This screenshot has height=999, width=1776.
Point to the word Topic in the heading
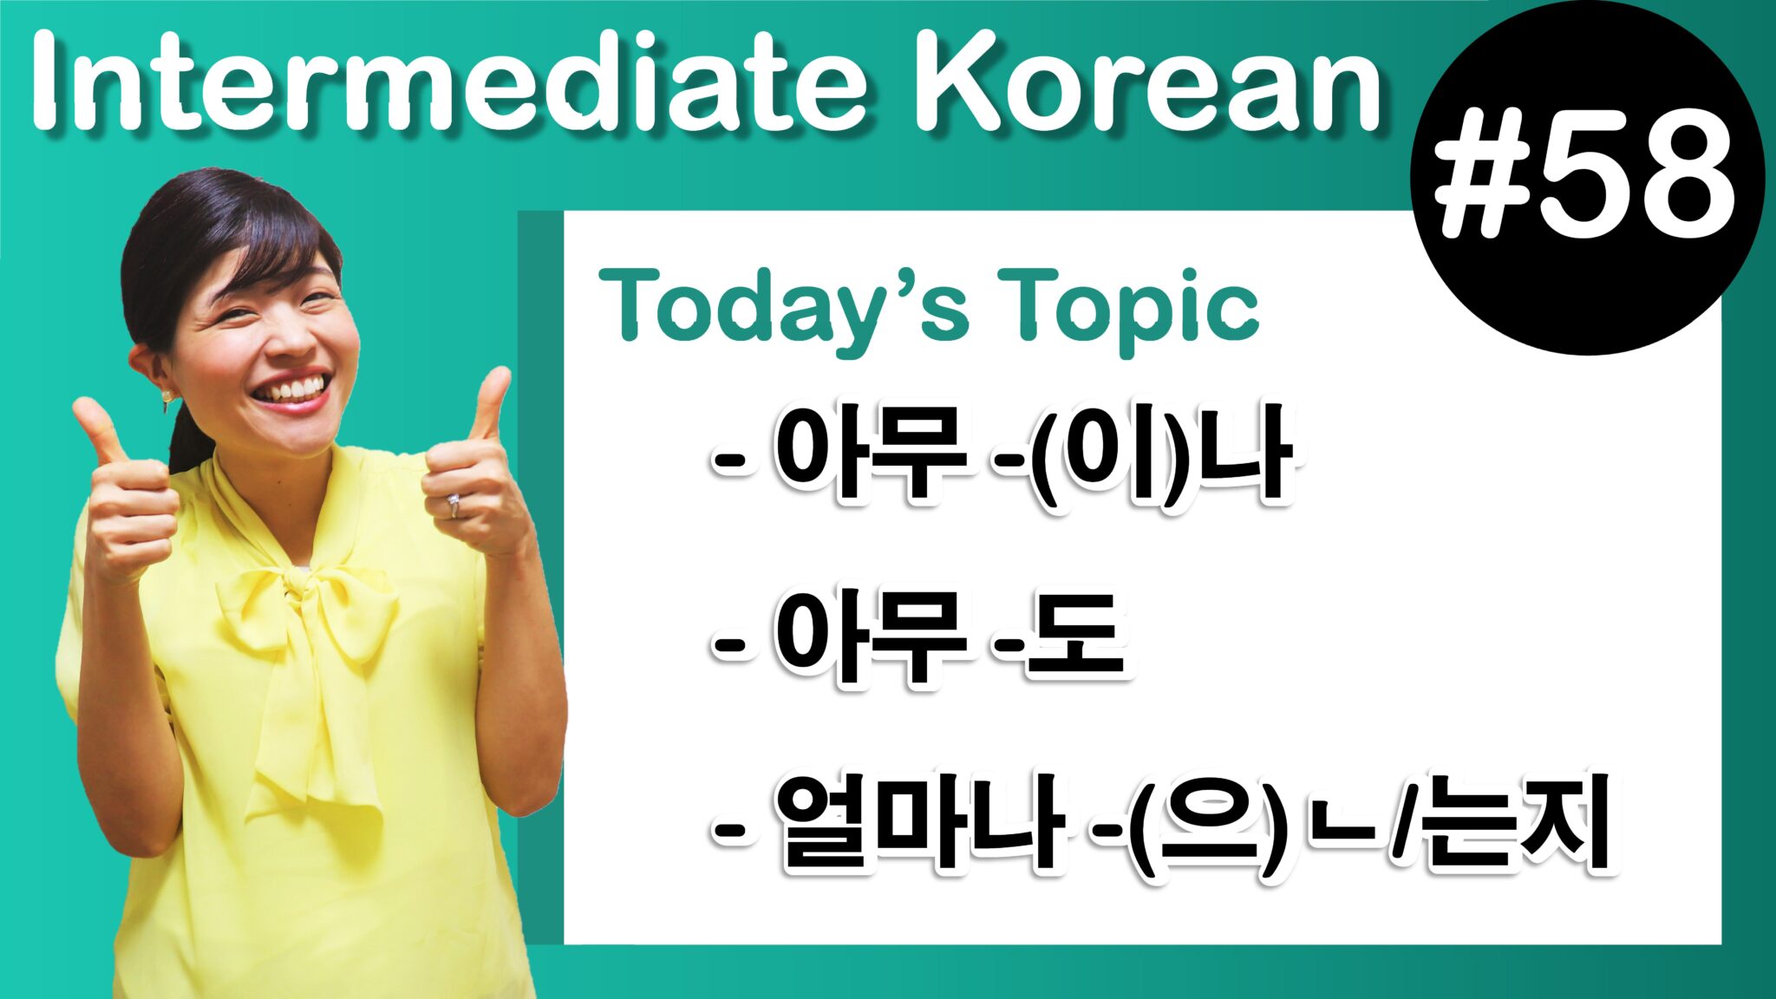1127,305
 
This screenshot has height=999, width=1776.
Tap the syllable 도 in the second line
1075,637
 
